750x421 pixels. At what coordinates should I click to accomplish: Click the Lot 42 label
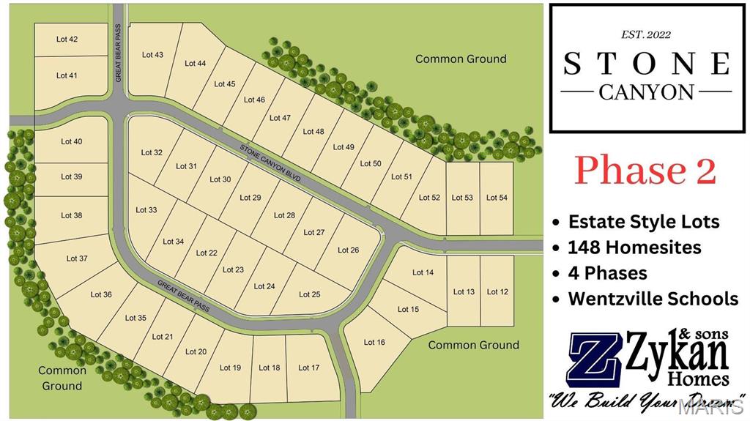[67, 39]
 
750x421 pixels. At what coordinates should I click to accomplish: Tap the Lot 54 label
[497, 198]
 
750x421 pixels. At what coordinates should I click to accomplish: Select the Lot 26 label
[348, 250]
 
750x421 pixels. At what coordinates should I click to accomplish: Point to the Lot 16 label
[374, 342]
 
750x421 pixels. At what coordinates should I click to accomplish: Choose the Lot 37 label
[77, 258]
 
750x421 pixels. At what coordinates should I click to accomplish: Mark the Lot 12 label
[497, 292]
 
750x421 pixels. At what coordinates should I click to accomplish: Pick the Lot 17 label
[309, 368]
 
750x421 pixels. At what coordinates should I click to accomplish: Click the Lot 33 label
[146, 210]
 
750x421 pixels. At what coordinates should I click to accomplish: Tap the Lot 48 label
[313, 132]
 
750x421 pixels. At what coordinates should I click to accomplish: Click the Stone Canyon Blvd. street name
[271, 163]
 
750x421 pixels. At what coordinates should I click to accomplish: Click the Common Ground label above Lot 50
[461, 59]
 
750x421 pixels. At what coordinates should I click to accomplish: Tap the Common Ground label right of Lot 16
[473, 345]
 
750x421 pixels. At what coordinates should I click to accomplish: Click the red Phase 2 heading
[645, 170]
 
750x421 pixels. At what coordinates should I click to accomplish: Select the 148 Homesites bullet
[634, 247]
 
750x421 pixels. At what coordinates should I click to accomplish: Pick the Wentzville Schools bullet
[653, 299]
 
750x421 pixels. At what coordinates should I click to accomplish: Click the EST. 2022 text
[645, 34]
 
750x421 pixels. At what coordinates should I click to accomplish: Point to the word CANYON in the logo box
[645, 92]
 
